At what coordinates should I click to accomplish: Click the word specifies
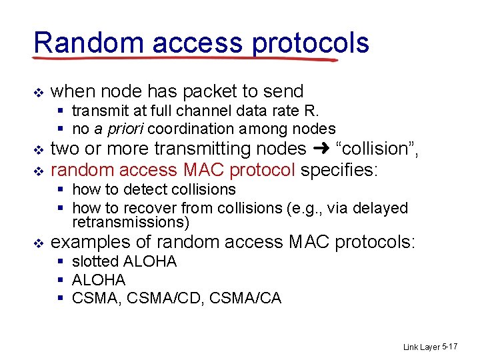point(339,170)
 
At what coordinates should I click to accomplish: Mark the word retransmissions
point(131,221)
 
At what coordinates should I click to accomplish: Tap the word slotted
point(95,261)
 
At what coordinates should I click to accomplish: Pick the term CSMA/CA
point(245,298)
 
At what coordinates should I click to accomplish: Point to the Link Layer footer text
point(421,347)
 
